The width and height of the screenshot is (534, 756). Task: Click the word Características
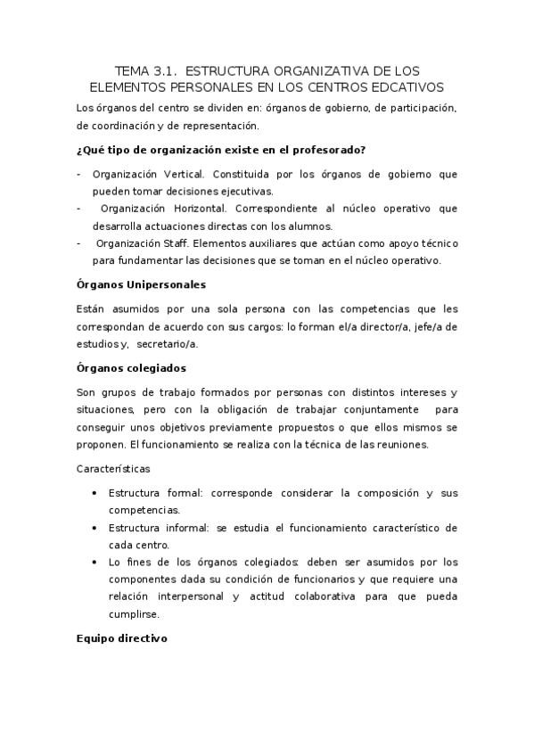click(114, 467)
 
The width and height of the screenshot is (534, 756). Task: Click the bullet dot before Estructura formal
click(94, 493)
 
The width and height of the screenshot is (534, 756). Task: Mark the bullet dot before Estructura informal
click(94, 528)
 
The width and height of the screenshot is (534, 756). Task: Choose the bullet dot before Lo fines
click(94, 563)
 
